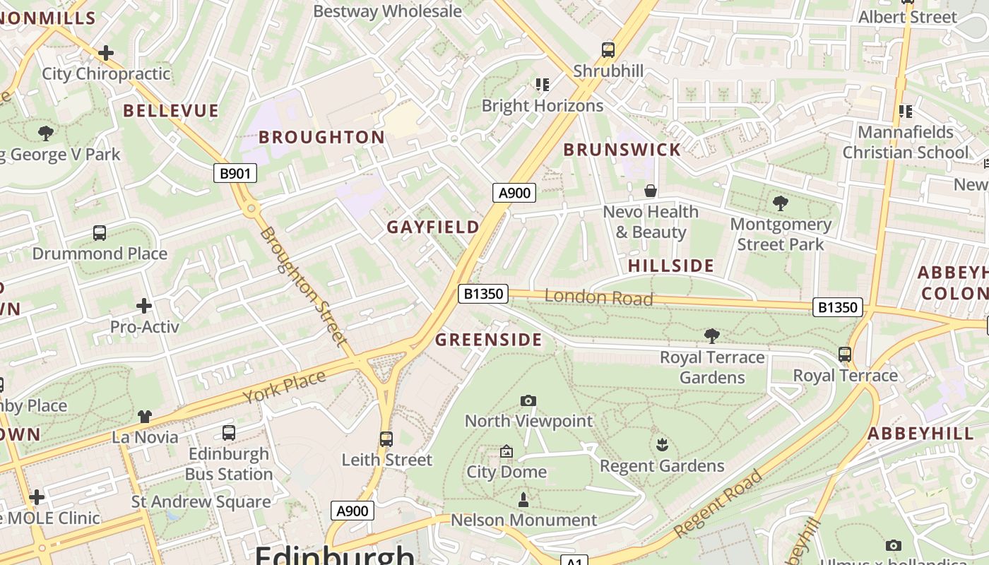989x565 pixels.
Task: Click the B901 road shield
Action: click(x=235, y=173)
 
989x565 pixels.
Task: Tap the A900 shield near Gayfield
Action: click(x=514, y=193)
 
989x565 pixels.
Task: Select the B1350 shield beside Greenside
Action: click(x=483, y=294)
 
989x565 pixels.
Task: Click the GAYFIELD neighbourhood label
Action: click(x=433, y=227)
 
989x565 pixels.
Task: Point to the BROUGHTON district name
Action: click(x=321, y=137)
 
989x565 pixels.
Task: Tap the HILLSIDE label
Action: click(x=671, y=266)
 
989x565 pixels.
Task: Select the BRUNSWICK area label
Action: click(x=622, y=150)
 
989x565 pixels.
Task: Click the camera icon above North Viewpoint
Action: click(x=528, y=401)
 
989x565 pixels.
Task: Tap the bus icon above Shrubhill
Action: click(x=608, y=50)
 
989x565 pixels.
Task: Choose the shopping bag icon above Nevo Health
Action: click(x=651, y=191)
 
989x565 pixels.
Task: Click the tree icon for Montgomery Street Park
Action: click(x=781, y=203)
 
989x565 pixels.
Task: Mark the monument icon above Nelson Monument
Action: click(x=523, y=500)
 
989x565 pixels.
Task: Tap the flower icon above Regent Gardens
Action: click(x=662, y=445)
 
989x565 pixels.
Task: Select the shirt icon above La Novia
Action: click(x=145, y=417)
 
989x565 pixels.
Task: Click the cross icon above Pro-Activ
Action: click(x=144, y=306)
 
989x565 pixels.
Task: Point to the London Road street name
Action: click(x=598, y=297)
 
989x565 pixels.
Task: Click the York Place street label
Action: click(x=285, y=386)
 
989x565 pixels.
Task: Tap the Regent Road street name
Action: click(x=718, y=503)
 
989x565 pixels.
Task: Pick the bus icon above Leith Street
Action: click(x=386, y=439)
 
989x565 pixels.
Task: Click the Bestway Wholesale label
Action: click(x=387, y=11)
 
